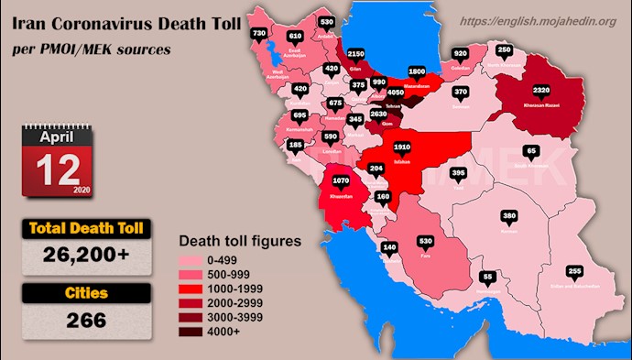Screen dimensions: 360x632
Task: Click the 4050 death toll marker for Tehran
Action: pyautogui.click(x=396, y=93)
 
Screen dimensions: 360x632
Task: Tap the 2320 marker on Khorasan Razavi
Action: pyautogui.click(x=540, y=91)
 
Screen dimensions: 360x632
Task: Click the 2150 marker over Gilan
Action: pyautogui.click(x=356, y=55)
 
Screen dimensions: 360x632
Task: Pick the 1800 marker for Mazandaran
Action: pyautogui.click(x=417, y=71)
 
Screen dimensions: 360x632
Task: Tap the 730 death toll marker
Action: pyautogui.click(x=258, y=33)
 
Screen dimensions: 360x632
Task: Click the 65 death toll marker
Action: pyautogui.click(x=531, y=150)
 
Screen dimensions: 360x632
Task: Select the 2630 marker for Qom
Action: pyautogui.click(x=377, y=115)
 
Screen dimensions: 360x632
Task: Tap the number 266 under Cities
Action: pyautogui.click(x=87, y=320)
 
